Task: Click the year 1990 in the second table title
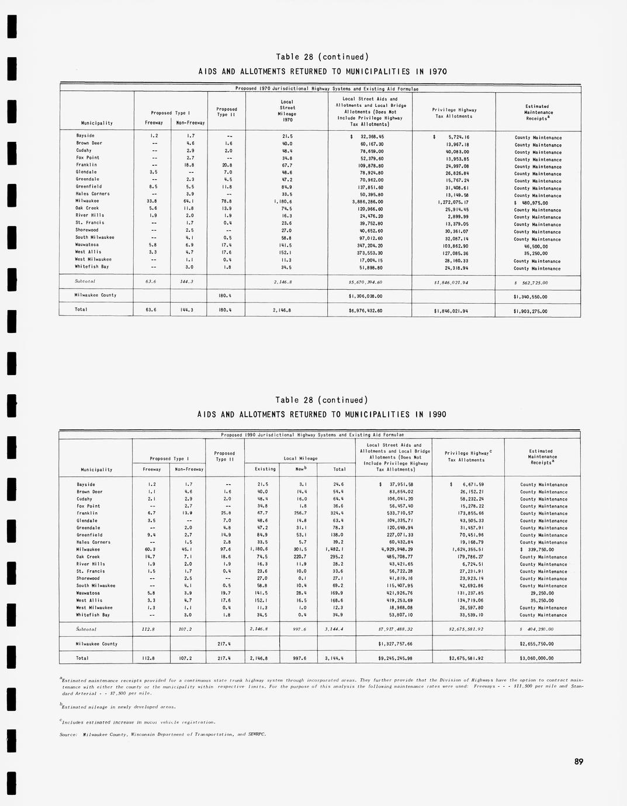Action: pyautogui.click(x=436, y=415)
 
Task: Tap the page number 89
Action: pyautogui.click(x=578, y=762)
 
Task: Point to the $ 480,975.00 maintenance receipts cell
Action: pyautogui.click(x=531, y=203)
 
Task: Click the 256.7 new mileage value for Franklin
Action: pyautogui.click(x=300, y=513)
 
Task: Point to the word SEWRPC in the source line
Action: pyautogui.click(x=257, y=734)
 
